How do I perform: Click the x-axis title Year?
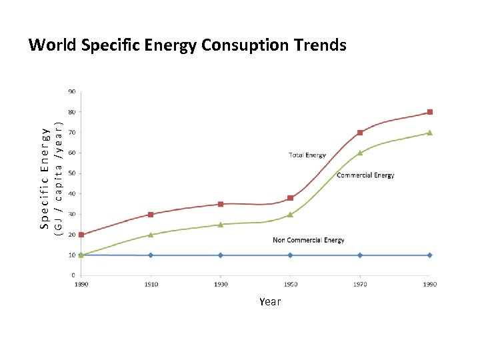[270, 301]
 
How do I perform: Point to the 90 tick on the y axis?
[71, 91]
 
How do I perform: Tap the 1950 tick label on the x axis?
[290, 285]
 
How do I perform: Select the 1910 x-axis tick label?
[151, 285]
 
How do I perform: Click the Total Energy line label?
[307, 155]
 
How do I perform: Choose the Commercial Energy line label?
[365, 175]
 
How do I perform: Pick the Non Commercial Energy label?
[309, 240]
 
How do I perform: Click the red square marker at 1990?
[430, 112]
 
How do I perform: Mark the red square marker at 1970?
[360, 133]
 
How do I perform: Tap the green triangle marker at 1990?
[430, 133]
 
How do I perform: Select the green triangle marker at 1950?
[290, 214]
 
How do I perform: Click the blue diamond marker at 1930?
[221, 255]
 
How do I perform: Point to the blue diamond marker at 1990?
[430, 255]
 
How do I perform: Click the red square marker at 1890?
[81, 235]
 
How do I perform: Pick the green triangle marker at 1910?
[151, 235]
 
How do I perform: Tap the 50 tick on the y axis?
[71, 173]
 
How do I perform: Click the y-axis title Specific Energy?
[45, 180]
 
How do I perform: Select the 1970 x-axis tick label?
[360, 285]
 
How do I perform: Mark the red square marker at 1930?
[221, 204]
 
